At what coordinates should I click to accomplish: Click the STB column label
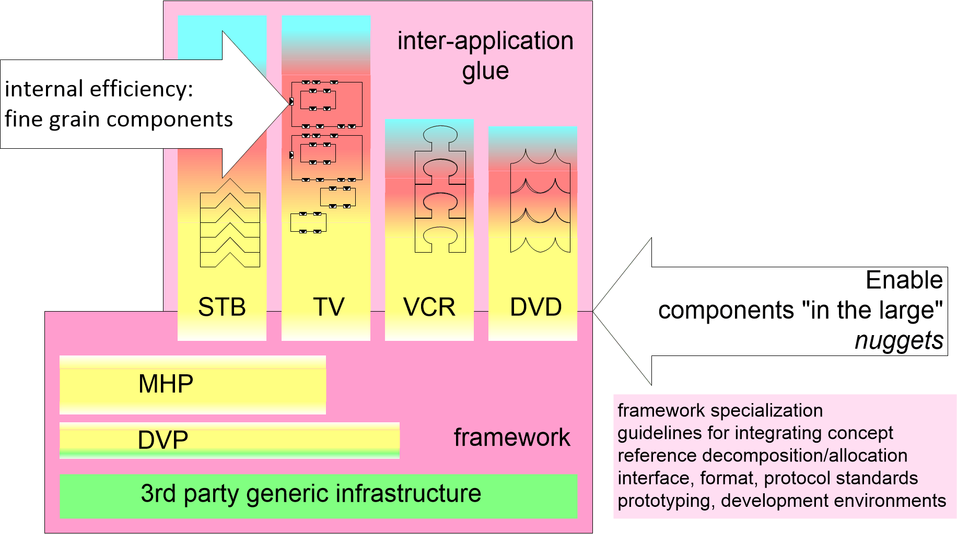[222, 307]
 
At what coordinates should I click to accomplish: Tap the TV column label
[329, 307]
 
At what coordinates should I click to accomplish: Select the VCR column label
[429, 307]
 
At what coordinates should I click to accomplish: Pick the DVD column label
[535, 307]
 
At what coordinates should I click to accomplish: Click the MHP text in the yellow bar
[166, 384]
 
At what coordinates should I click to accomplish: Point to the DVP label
[162, 440]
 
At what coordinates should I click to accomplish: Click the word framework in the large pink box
[511, 437]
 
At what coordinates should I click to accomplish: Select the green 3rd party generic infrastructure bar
[318, 495]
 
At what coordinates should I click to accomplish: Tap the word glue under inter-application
[485, 71]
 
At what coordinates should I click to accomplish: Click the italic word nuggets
[898, 340]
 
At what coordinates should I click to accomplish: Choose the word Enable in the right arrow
[904, 280]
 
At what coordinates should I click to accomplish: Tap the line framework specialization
[720, 411]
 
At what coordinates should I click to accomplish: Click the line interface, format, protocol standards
[767, 478]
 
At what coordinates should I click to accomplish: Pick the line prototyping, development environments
[781, 501]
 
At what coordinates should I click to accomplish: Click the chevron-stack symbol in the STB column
[230, 223]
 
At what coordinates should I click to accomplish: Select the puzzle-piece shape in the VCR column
[440, 189]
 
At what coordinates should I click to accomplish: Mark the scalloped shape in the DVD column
[540, 201]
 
